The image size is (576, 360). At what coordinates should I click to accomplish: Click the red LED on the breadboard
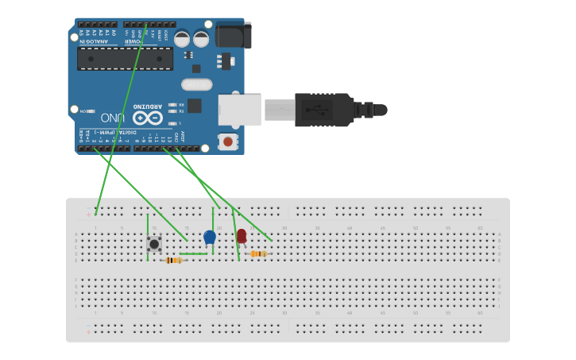[242, 235]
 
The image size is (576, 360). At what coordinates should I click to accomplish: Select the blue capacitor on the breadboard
[210, 237]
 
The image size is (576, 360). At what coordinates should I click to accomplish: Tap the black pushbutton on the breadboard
[154, 244]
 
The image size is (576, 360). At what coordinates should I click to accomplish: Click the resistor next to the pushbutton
[174, 260]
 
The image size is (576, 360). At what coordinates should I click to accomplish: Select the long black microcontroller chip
[125, 58]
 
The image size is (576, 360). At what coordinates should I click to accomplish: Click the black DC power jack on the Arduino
[233, 34]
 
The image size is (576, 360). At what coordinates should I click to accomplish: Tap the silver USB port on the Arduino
[240, 110]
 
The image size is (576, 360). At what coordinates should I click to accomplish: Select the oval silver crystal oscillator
[196, 84]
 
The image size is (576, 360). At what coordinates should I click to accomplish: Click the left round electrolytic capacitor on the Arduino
[182, 38]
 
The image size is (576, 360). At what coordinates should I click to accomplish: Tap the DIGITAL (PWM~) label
[112, 133]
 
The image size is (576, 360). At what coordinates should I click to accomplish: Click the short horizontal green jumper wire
[193, 254]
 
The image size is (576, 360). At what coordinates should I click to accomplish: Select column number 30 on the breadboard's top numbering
[284, 228]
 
